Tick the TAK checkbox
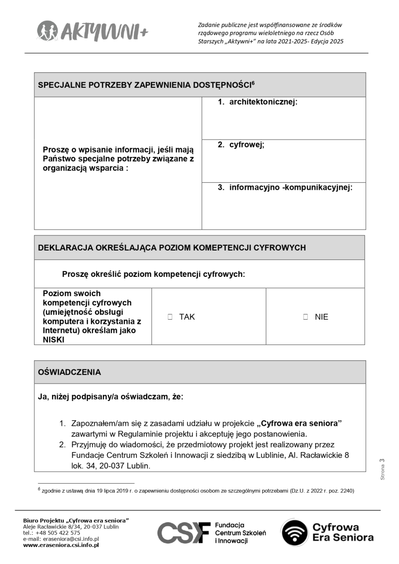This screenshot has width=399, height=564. [170, 317]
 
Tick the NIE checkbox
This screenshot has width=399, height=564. [305, 317]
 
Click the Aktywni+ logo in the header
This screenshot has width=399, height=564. [92, 31]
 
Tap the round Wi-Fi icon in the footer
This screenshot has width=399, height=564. [294, 533]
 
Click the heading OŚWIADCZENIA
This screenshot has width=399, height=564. [69, 372]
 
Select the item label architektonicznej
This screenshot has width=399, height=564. [263, 102]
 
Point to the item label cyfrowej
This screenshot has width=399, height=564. [247, 145]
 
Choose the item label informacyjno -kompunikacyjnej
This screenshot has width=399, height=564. [290, 188]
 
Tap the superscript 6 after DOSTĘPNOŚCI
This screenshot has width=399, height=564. [253, 83]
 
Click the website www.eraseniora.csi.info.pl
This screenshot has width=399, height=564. [61, 545]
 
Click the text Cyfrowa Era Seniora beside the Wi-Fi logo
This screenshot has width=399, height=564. [343, 533]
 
